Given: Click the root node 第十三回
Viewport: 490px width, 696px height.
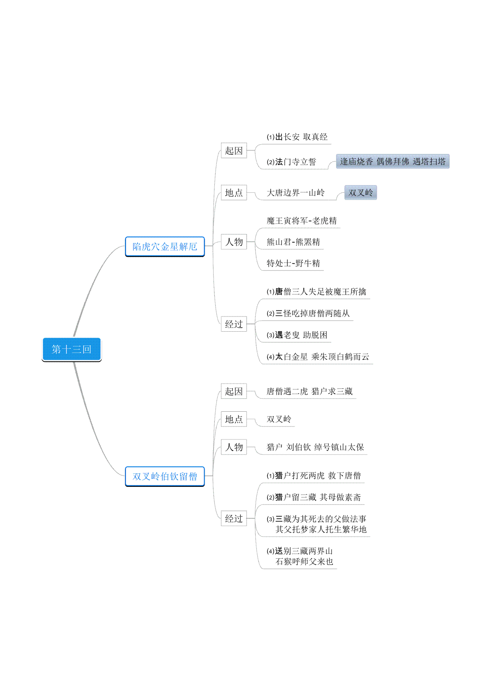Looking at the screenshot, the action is point(71,349).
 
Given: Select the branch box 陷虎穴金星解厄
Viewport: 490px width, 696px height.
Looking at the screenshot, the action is point(165,246).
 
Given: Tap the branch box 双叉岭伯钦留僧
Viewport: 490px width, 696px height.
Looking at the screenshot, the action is point(165,476).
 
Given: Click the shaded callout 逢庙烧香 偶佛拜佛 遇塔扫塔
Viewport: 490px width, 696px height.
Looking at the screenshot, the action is point(392,161).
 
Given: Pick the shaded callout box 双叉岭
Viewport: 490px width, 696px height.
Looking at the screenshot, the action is point(361,192).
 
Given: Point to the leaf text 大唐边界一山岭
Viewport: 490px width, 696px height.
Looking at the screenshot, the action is point(296,193).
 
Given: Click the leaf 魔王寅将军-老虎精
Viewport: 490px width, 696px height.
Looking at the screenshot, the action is point(301,221).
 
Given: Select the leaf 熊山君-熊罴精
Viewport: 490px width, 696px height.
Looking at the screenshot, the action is point(293,242).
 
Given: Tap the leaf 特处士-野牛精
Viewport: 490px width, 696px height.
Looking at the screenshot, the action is point(293,263).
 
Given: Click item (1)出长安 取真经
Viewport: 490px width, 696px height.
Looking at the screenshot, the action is point(297,137).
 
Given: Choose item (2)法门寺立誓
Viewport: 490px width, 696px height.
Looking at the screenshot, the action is point(291,162).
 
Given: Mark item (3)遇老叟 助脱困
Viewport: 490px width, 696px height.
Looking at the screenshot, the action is point(297,335).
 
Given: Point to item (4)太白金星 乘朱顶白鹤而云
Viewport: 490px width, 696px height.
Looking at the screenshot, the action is point(318,357).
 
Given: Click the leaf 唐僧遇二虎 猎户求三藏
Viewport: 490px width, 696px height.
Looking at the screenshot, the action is point(310,391).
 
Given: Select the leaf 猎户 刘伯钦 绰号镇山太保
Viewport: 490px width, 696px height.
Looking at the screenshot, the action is point(315,447).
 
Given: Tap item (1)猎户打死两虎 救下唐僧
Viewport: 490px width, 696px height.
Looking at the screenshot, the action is point(314,475).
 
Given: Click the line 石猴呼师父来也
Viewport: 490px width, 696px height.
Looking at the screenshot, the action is point(304,562).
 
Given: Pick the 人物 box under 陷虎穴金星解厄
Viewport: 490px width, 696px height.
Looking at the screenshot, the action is point(234,242).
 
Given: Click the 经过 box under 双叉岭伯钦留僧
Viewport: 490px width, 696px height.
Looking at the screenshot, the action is point(234,518).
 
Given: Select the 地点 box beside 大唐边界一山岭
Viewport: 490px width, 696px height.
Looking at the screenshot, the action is point(234,193).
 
